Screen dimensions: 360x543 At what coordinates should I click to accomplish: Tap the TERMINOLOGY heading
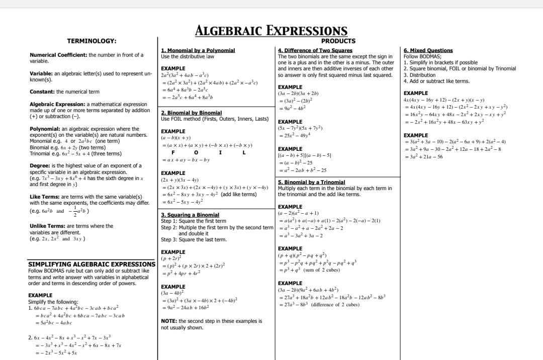[x=92, y=41]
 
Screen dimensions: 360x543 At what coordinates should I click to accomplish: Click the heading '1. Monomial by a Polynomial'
[x=198, y=50]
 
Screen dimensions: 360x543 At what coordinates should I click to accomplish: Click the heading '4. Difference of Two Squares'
[x=315, y=50]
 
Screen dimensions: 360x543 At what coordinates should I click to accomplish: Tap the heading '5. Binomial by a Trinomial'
[x=311, y=182]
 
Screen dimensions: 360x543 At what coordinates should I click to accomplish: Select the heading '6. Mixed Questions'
[x=428, y=50]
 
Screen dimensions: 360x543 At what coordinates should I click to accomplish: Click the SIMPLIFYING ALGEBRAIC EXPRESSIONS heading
[x=92, y=264]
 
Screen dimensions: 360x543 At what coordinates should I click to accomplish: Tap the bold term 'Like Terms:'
[x=44, y=197]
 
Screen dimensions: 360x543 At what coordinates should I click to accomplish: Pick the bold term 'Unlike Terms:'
[x=47, y=226]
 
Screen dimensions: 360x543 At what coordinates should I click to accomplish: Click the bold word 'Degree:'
[x=39, y=165]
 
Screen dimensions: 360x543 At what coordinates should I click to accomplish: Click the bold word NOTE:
[x=168, y=321]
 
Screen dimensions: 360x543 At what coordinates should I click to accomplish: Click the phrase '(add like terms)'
[x=239, y=194]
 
